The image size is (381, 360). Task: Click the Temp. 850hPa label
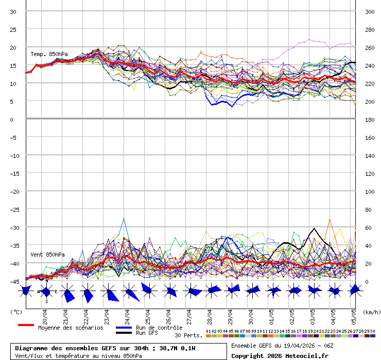[49, 54]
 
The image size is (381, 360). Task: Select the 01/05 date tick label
[271, 315]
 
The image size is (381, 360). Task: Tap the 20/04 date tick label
[45, 315]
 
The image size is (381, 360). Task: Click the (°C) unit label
[16, 312]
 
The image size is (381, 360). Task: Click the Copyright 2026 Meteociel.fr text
[280, 355]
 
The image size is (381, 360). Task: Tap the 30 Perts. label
[188, 335]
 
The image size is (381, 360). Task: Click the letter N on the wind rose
[47, 281]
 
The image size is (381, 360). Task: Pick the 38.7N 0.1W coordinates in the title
[177, 348]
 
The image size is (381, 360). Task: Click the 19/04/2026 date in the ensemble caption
[293, 345]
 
